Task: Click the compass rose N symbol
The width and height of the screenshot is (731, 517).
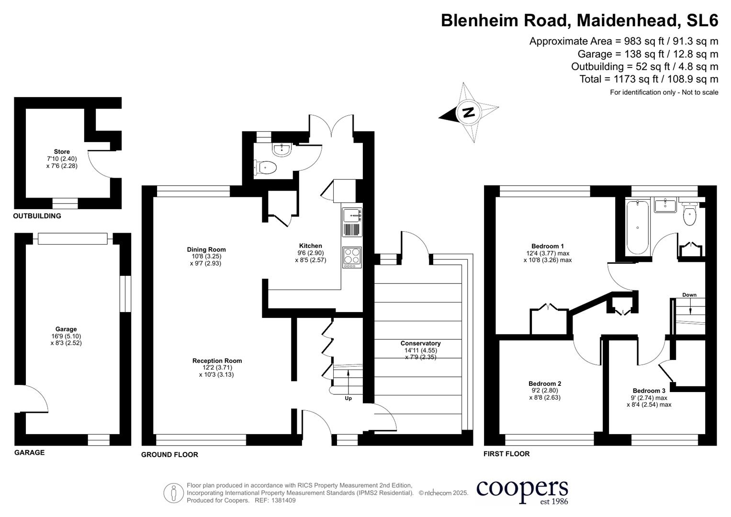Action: (x=468, y=112)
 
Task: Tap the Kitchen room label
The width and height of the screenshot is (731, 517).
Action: (x=310, y=246)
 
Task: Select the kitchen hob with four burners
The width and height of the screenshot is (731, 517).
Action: (x=352, y=257)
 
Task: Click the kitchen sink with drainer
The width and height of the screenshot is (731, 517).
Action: (x=352, y=222)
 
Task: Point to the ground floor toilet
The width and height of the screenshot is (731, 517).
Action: (x=266, y=168)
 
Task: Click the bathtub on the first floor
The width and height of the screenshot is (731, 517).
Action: (x=637, y=227)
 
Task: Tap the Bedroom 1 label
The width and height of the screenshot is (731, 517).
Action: (x=548, y=247)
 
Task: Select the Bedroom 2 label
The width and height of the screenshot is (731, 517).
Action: (x=545, y=383)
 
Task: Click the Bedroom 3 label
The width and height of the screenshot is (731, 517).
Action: (x=649, y=391)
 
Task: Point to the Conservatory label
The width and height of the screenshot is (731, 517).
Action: (x=420, y=343)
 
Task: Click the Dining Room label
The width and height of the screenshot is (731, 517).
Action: (x=206, y=249)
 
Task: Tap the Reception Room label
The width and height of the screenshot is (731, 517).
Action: (x=217, y=361)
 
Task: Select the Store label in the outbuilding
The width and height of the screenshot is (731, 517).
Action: (x=62, y=152)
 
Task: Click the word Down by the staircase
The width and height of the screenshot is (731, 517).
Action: (x=689, y=295)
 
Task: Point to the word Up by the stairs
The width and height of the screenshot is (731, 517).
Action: (x=348, y=398)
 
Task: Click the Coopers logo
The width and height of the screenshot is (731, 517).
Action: (x=522, y=490)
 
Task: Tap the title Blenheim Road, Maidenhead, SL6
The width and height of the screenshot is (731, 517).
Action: (x=579, y=21)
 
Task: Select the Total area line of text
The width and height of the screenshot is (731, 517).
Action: (x=649, y=79)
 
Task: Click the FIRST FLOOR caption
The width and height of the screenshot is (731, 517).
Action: (x=506, y=454)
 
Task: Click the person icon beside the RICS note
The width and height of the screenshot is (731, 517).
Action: (x=173, y=493)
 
